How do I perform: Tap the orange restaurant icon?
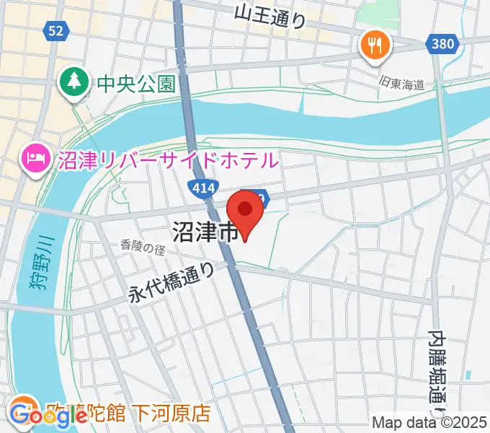pos(375,46)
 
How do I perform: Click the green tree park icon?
pos(73,80)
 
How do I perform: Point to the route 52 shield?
pos(56,30)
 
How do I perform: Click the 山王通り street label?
pos(270,14)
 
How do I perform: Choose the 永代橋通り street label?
pos(171,281)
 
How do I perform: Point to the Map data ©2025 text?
pos(430,423)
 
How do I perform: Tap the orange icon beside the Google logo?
pos(24,406)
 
